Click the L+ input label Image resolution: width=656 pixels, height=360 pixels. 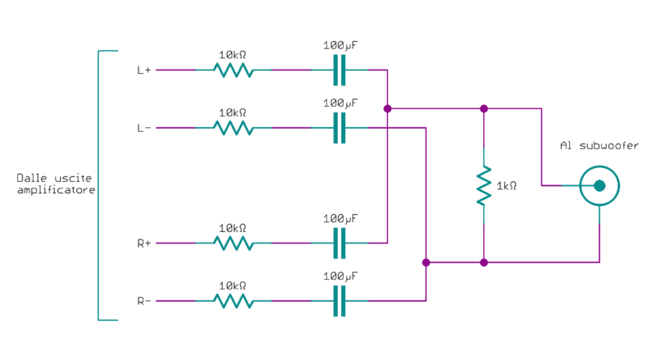143,71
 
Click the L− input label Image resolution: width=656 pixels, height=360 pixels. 143,128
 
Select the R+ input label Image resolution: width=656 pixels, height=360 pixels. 143,244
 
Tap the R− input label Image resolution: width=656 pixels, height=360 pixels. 143,301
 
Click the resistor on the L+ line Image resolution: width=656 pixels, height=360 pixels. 233,71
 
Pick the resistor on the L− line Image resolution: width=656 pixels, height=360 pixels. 233,128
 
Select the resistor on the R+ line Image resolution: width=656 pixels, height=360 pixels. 233,244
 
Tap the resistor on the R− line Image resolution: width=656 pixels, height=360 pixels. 233,301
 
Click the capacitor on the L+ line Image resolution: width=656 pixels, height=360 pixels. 339,71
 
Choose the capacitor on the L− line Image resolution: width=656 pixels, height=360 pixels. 339,128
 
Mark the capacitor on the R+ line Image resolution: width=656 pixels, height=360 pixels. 339,244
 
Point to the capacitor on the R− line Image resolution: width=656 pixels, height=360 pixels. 339,301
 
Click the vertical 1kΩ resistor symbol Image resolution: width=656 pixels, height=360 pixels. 484,185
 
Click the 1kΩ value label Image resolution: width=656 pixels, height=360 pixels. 507,186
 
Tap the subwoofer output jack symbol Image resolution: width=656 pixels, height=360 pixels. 599,186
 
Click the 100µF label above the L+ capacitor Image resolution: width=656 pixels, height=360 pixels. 340,46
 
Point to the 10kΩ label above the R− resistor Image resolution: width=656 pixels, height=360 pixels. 233,285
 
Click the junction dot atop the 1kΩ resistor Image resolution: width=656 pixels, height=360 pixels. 484,108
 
